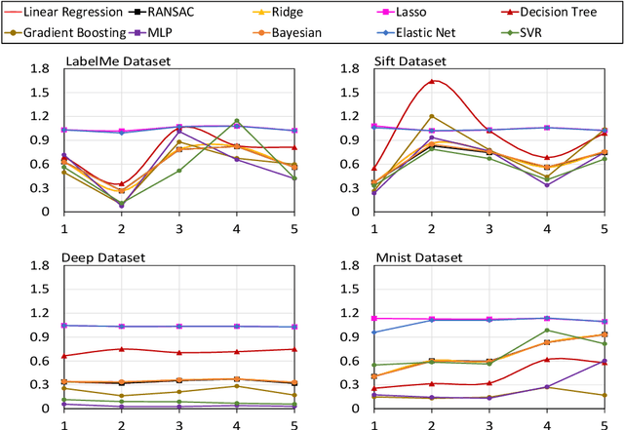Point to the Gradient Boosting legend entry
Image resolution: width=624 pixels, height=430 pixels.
coord(68,32)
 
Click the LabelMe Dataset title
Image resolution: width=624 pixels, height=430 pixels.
coord(117,61)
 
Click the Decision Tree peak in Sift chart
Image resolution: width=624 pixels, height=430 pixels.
coord(432,81)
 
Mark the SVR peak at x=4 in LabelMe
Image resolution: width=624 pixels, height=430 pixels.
coord(236,121)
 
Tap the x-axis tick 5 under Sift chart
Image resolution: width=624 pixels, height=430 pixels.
coord(604,227)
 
